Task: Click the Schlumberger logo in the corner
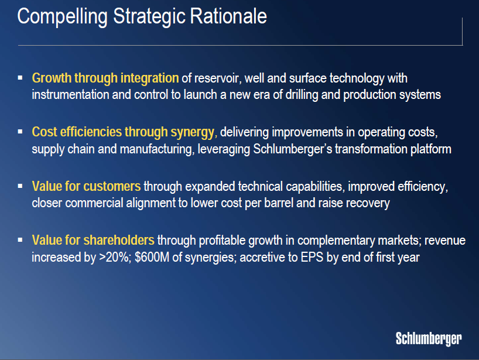coord(429,338)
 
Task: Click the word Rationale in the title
coord(228,16)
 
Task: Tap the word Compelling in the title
coord(62,17)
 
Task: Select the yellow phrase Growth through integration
coord(105,78)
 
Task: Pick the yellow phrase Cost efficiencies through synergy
coord(124,132)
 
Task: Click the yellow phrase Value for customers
coord(86,186)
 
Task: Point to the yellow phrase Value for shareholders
coord(93,241)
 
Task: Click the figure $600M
coord(152,257)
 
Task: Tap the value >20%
coord(115,258)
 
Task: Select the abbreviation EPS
coord(312,257)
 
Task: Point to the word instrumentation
coord(71,95)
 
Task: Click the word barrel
coord(279,203)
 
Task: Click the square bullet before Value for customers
coord(20,186)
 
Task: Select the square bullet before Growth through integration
coord(20,77)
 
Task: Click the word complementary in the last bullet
coord(336,241)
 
